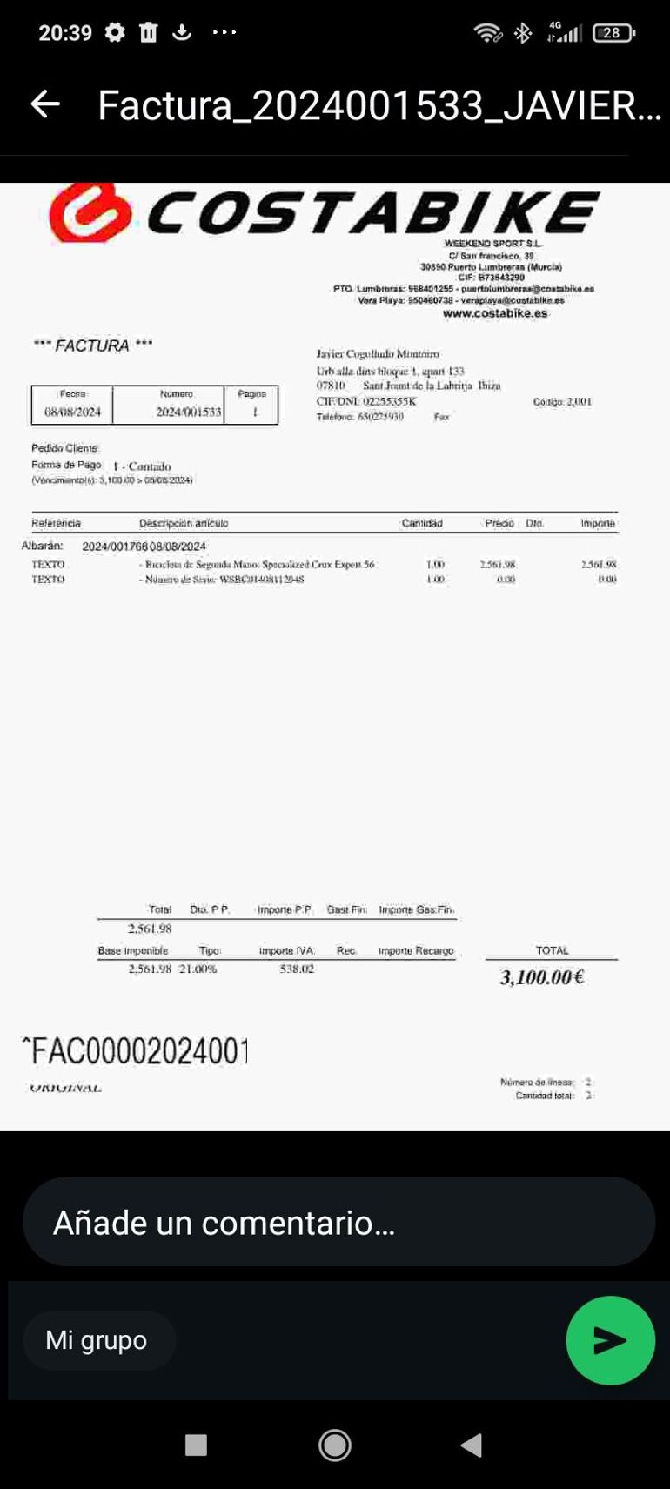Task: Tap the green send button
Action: click(610, 1340)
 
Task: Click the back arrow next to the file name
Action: click(45, 104)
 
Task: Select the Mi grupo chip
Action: click(97, 1340)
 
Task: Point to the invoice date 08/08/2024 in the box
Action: click(72, 412)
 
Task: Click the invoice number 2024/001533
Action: click(189, 412)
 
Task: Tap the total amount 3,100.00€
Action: click(541, 977)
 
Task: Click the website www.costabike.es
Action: click(495, 313)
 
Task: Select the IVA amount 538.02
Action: click(297, 969)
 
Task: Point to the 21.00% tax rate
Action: click(198, 969)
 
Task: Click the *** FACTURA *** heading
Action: click(93, 345)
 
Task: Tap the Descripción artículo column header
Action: click(184, 523)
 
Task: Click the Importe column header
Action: click(598, 523)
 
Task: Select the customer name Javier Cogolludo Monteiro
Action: click(378, 354)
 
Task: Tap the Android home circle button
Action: click(335, 1445)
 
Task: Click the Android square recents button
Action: click(197, 1445)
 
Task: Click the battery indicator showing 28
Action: click(613, 33)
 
